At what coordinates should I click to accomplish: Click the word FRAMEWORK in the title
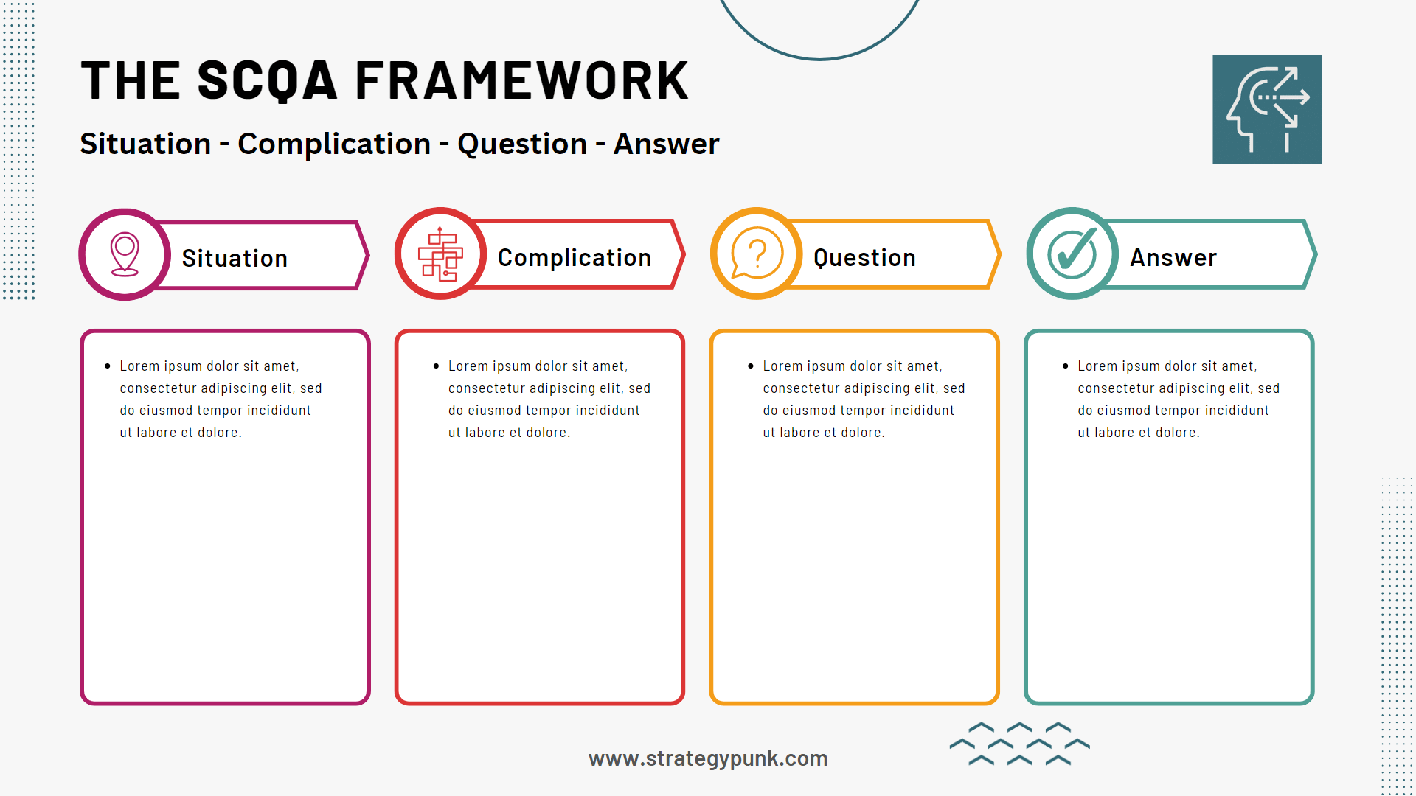(x=521, y=81)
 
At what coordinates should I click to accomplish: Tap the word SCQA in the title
(x=267, y=81)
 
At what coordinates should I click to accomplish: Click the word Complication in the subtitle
(x=333, y=144)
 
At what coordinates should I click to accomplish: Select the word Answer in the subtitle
(x=666, y=144)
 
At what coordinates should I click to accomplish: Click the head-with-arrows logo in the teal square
(x=1267, y=109)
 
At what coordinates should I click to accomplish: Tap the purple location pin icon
(x=125, y=254)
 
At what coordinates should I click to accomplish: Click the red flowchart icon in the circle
(x=440, y=254)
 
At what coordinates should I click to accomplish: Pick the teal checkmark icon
(x=1072, y=254)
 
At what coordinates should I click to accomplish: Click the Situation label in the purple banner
(x=235, y=259)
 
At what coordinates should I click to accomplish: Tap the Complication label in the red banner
(x=574, y=258)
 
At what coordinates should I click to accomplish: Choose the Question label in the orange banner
(x=864, y=258)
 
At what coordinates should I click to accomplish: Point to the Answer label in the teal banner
(x=1173, y=258)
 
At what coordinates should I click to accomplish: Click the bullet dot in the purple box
(x=108, y=366)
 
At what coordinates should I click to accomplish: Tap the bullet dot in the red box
(x=436, y=366)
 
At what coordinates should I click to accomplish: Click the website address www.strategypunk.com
(x=708, y=758)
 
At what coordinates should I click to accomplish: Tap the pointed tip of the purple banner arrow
(x=367, y=255)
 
